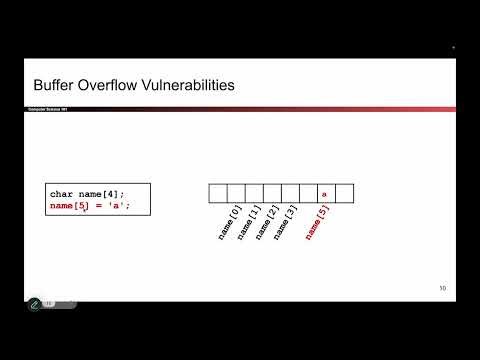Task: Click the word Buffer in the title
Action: point(53,86)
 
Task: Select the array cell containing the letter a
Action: point(324,193)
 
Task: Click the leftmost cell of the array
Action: point(217,193)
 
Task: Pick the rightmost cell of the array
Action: point(345,193)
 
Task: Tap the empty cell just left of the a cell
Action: point(306,193)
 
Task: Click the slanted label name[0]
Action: point(229,221)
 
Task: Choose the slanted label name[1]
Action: point(248,221)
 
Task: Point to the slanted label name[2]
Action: point(265,221)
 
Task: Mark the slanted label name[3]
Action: point(283,221)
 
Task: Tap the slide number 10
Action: point(442,289)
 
